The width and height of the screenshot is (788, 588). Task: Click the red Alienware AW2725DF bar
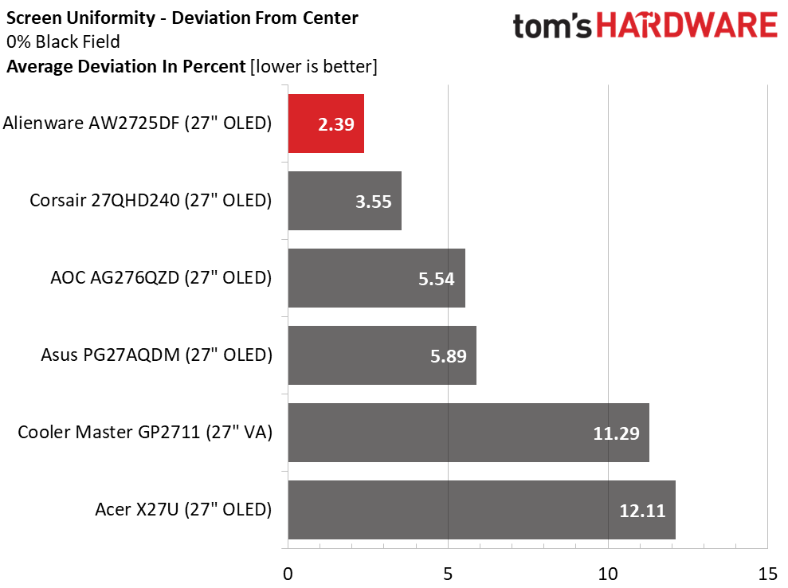(x=326, y=123)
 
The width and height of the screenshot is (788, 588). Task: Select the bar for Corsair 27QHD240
(x=344, y=201)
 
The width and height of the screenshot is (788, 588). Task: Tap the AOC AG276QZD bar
(x=376, y=278)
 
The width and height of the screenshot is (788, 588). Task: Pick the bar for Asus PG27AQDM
(x=382, y=355)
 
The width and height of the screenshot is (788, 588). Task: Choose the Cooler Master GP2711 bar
(x=468, y=433)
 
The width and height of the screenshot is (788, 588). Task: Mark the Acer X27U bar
(x=481, y=510)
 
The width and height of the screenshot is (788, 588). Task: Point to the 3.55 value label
(x=373, y=202)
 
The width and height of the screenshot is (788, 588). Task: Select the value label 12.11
(x=642, y=511)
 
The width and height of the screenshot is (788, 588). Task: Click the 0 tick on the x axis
(x=288, y=574)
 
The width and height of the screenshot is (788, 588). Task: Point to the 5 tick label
(x=448, y=574)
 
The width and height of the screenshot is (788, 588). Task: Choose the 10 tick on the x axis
(x=608, y=574)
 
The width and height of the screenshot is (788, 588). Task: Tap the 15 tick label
(x=767, y=574)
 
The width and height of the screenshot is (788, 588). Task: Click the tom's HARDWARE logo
(x=645, y=27)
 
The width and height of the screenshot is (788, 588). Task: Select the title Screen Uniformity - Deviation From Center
(x=182, y=18)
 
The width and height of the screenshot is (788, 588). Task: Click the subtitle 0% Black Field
(x=63, y=42)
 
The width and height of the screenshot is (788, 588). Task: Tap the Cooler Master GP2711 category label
(x=145, y=433)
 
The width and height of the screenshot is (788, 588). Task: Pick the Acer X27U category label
(x=183, y=510)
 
